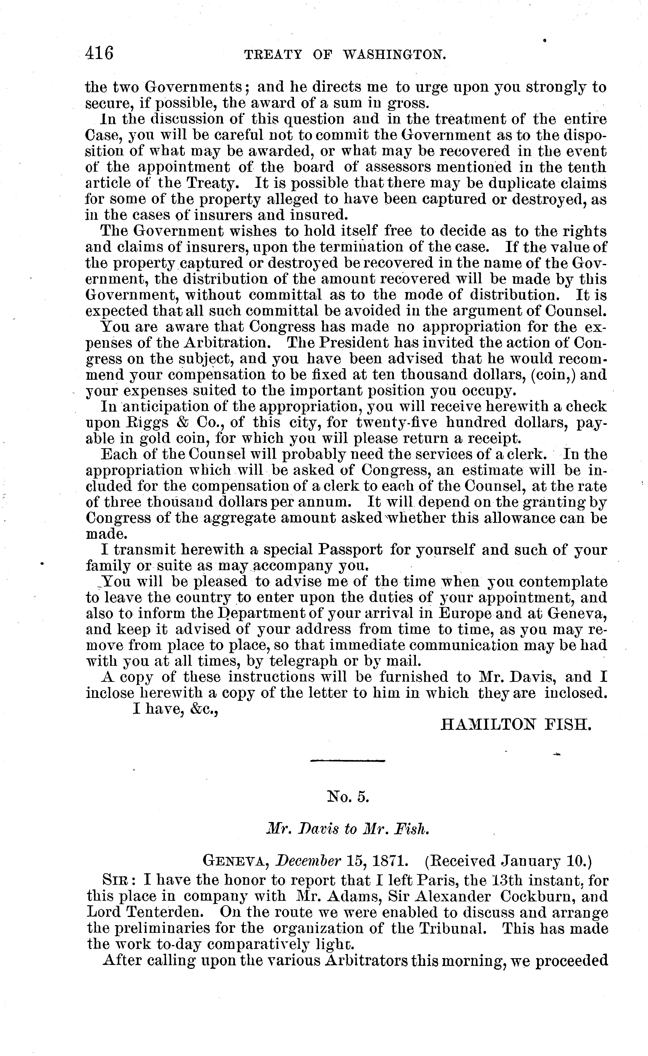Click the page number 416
click(x=99, y=54)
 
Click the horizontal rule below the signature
click(x=347, y=761)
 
